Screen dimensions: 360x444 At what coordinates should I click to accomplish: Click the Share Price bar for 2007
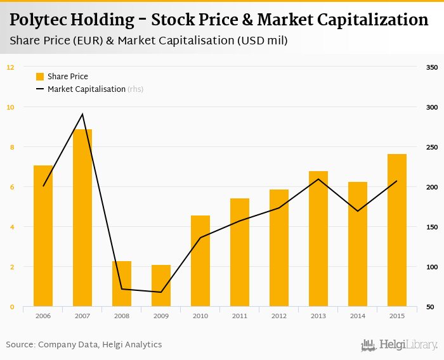pos(82,218)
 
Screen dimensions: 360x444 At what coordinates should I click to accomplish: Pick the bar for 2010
pos(200,261)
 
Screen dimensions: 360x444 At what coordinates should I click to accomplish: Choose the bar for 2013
pos(318,239)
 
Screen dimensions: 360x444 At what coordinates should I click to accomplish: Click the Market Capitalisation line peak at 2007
pos(82,114)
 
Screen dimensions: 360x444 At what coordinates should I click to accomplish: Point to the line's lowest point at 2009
pos(161,292)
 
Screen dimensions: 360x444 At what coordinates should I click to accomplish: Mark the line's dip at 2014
pos(358,211)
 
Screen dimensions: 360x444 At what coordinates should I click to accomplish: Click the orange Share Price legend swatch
pos(40,77)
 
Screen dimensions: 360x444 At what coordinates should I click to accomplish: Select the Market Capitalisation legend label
pos(86,89)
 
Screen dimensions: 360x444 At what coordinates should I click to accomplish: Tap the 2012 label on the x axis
pos(279,316)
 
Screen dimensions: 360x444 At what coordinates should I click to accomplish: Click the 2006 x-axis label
pos(43,316)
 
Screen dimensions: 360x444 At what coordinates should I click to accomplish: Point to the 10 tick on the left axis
pos(10,107)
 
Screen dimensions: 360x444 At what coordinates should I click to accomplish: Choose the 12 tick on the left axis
pos(10,67)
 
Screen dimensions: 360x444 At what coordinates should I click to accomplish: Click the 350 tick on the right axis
pos(432,67)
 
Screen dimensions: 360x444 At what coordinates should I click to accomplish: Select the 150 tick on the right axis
pos(432,227)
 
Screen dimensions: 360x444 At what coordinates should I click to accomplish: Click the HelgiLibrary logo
pos(399,345)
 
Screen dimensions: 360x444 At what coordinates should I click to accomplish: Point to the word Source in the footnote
pos(20,345)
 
